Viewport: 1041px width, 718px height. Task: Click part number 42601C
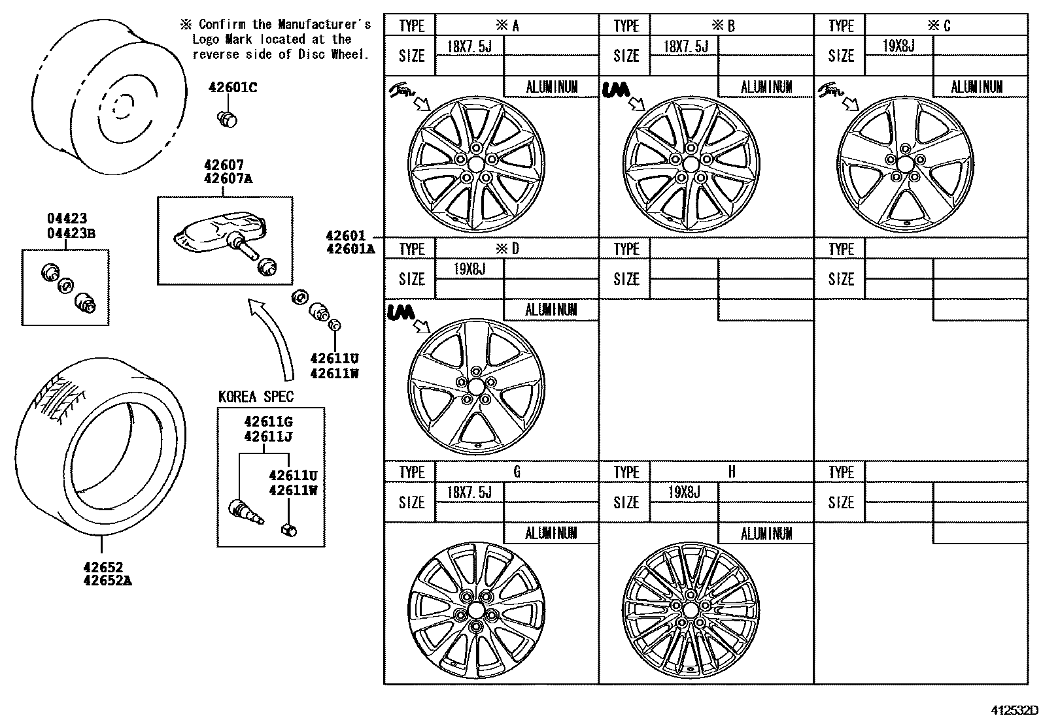point(232,88)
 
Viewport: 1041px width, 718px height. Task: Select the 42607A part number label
point(227,180)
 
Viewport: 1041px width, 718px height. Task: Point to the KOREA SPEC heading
point(256,397)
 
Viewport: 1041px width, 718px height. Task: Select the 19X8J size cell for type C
point(898,46)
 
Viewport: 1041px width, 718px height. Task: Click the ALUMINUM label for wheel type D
point(551,310)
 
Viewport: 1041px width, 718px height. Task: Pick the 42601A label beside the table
point(350,249)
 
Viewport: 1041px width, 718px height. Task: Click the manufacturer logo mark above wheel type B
point(615,90)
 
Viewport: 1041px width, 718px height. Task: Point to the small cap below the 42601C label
point(227,118)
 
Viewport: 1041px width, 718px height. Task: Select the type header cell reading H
point(731,472)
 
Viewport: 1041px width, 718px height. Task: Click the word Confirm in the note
point(222,25)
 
